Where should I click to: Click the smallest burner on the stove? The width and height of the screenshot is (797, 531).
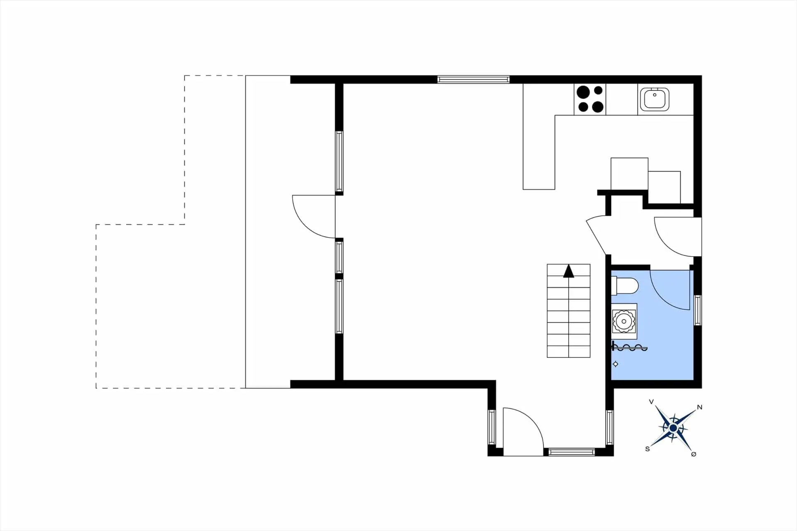[x=598, y=90]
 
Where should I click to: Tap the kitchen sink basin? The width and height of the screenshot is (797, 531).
[x=655, y=99]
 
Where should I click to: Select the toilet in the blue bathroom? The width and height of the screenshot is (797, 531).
[x=624, y=286]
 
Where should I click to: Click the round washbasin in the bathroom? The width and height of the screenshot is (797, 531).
[x=623, y=321]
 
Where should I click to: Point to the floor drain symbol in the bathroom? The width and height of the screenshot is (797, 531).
[x=616, y=364]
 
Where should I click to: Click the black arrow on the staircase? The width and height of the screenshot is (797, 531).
[x=569, y=271]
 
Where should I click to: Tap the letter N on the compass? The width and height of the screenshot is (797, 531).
[x=699, y=407]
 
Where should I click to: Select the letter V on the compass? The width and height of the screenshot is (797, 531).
[x=651, y=401]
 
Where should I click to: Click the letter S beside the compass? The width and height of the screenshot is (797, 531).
[x=647, y=449]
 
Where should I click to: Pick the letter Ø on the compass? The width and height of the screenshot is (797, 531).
[x=694, y=454]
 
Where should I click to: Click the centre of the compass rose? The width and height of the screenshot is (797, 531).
[x=673, y=428]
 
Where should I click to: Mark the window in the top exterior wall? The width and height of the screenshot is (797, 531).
[x=473, y=79]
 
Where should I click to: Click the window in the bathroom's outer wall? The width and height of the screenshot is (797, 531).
[x=698, y=310]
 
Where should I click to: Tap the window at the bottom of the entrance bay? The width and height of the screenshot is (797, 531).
[x=572, y=452]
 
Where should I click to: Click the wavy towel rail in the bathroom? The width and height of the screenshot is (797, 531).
[x=630, y=347]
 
